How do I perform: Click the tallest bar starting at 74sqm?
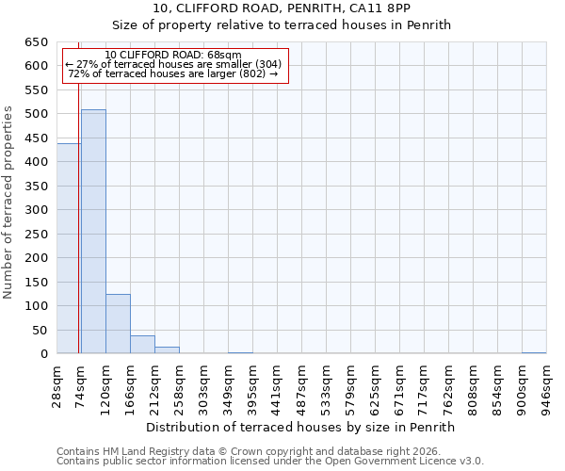tap(93, 232)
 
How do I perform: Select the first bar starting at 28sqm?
tap(69, 249)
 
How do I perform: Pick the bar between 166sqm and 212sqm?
tap(142, 345)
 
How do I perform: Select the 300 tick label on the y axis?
tap(36, 210)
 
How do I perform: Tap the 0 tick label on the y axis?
tap(43, 354)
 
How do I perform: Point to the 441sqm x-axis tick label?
tap(277, 386)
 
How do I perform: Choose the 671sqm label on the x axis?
tap(399, 386)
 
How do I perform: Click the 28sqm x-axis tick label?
tap(57, 386)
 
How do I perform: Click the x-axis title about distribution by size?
tap(300, 427)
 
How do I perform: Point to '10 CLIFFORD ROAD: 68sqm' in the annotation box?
tap(173, 55)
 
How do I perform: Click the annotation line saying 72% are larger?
tap(173, 73)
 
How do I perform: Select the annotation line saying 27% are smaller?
tap(173, 64)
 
